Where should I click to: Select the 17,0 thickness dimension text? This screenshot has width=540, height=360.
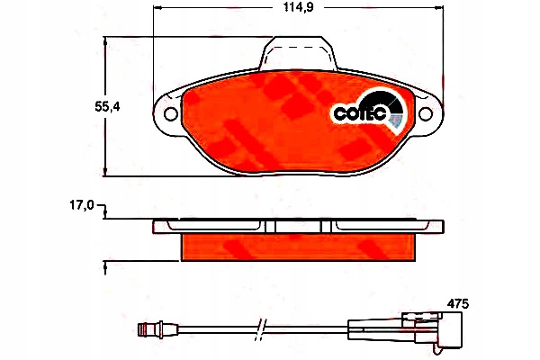click(x=82, y=206)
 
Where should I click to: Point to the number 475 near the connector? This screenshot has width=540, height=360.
click(x=458, y=304)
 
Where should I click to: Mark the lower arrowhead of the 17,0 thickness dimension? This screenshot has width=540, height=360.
click(x=106, y=264)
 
